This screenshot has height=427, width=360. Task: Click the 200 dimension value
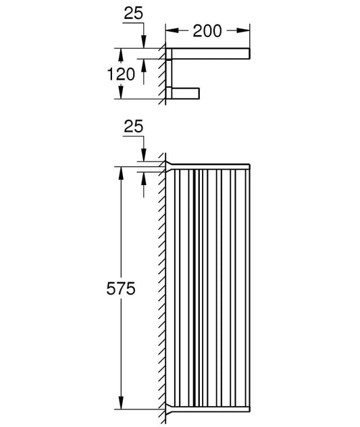pos(207,31)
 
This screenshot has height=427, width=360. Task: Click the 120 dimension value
pos(121,74)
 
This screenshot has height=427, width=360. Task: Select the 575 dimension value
pos(121,288)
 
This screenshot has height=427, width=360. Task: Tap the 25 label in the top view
pos(133,14)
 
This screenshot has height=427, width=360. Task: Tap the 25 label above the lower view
pos(133,126)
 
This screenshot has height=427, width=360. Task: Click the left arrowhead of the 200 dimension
pos(172,30)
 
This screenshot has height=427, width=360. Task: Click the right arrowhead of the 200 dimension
pos(243,30)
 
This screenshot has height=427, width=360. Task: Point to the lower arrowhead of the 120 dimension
pos(121,93)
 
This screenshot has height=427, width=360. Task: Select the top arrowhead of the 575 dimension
pos(121,173)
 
